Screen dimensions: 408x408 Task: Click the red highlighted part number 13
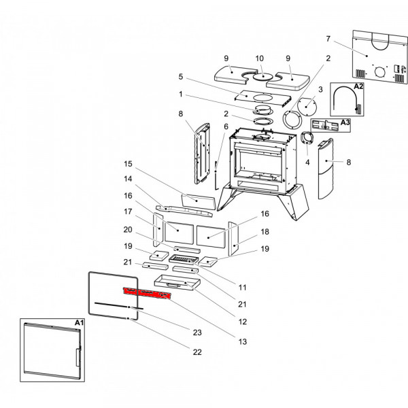(146, 293)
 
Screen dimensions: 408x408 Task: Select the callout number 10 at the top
(259, 58)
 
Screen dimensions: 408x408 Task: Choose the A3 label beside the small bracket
(345, 122)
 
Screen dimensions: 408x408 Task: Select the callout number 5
(181, 77)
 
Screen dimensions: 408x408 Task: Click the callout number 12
(242, 322)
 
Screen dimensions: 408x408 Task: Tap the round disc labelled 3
(305, 107)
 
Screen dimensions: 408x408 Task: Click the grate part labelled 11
(184, 260)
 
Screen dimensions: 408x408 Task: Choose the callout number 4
(307, 163)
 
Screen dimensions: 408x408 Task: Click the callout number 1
(181, 93)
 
